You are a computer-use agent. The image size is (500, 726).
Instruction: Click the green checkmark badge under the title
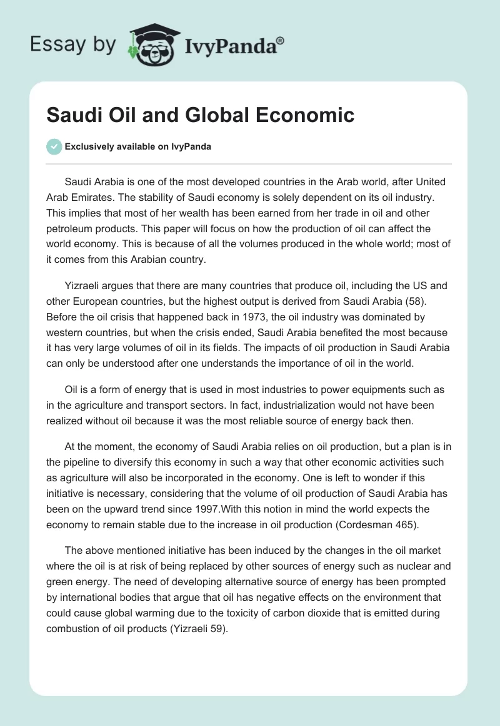[x=54, y=146]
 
